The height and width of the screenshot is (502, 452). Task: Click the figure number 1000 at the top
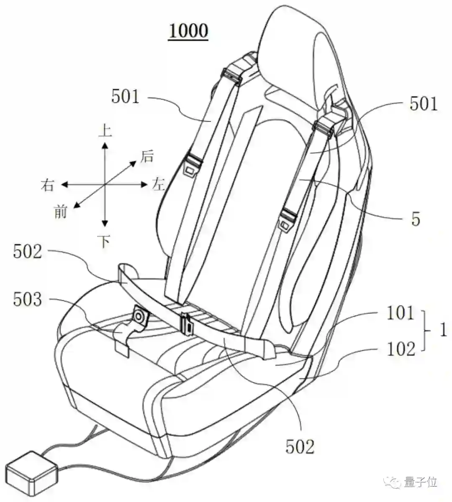click(188, 31)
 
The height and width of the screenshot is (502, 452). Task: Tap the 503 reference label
click(28, 300)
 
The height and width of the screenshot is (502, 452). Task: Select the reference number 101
click(400, 313)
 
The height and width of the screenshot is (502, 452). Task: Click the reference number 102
click(401, 348)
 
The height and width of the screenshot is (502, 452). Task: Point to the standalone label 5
click(416, 219)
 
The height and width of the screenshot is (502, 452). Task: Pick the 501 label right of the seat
click(424, 104)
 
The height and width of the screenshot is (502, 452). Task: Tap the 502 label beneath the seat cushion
click(300, 447)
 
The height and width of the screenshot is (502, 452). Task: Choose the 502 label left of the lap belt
click(28, 252)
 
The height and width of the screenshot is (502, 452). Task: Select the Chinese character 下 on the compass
click(105, 241)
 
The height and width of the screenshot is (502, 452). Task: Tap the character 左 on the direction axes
click(158, 184)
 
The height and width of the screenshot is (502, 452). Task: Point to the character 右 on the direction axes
click(47, 185)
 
